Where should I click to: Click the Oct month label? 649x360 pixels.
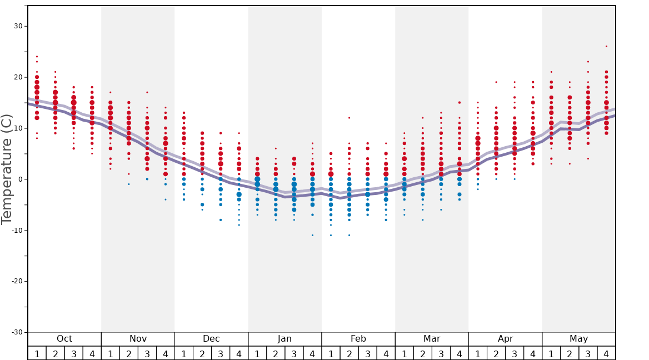tap(64, 339)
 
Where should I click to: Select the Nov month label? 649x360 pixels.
tap(138, 339)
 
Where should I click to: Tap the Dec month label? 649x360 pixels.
tap(211, 339)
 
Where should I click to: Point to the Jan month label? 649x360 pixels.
tap(284, 339)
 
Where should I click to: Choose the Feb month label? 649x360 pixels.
tap(358, 339)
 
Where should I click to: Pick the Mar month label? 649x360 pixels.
tap(432, 339)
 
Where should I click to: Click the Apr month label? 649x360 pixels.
tap(505, 339)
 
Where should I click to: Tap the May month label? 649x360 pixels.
tap(578, 339)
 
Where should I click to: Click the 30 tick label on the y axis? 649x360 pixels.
tap(18, 26)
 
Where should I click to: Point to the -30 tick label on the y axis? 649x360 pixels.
tap(16, 332)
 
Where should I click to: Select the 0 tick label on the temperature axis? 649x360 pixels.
tap(20, 179)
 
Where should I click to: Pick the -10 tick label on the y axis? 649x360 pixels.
tap(16, 231)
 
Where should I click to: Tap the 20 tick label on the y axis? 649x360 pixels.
tap(18, 77)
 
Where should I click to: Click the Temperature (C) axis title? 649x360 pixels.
tap(7, 169)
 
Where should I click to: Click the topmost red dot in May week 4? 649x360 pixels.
tap(606, 46)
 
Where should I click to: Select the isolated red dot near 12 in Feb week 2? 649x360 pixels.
tap(349, 118)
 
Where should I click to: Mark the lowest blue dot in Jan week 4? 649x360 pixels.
tap(312, 235)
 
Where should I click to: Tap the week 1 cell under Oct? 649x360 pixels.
tap(37, 353)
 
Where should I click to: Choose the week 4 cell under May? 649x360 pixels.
tap(606, 353)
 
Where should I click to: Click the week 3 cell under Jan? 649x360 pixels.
tap(294, 353)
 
